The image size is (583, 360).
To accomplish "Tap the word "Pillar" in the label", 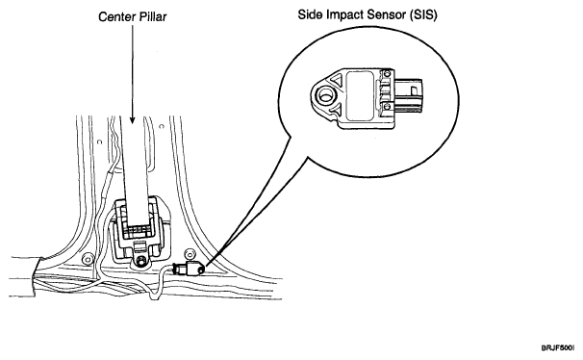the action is (153, 17).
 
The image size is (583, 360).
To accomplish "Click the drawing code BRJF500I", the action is (558, 348).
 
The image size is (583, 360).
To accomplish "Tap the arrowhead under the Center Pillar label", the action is (133, 119).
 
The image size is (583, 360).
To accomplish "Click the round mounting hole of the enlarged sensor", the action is (326, 96).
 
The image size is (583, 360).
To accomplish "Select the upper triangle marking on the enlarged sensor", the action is (338, 81).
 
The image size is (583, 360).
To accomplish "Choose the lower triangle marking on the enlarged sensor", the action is (337, 110).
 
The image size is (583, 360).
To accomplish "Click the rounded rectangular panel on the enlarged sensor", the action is (360, 96).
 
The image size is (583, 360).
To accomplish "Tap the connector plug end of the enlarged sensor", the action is (409, 95).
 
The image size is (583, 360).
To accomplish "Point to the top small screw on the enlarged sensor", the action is (388, 73).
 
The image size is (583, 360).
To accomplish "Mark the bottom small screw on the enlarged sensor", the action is (388, 107).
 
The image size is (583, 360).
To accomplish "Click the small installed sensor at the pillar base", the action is (189, 269).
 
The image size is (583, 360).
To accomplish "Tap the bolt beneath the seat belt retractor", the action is (140, 262).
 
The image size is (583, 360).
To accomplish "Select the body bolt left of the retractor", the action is (88, 259).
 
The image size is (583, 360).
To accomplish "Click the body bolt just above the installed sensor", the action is (190, 254).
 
